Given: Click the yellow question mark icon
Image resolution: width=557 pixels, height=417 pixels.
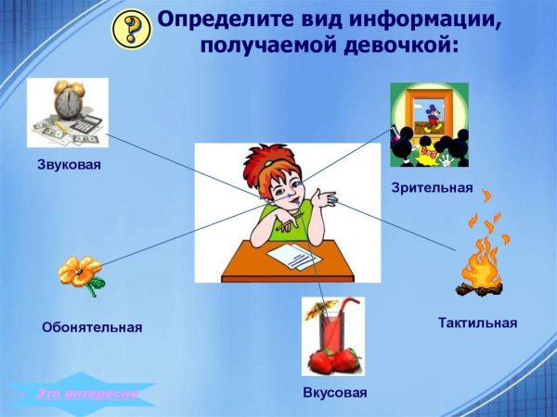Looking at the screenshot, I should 131,30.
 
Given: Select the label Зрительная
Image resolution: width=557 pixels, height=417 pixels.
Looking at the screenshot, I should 433,188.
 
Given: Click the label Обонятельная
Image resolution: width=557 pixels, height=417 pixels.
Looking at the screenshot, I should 92,326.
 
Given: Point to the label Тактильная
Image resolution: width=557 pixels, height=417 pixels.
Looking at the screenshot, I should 477,322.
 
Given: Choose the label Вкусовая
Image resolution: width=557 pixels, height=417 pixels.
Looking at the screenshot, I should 334,393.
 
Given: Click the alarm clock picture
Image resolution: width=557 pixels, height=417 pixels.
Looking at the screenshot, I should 67,112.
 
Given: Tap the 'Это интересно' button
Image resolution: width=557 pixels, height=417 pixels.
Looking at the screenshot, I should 86,394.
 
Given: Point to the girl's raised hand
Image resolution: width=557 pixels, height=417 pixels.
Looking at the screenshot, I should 325,196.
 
